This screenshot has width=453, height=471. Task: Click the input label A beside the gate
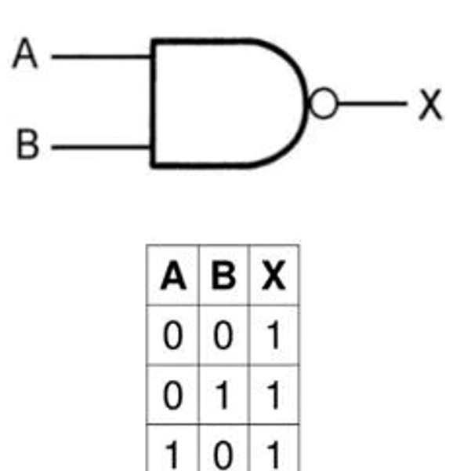click(25, 53)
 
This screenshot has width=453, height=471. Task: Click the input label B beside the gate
click(27, 144)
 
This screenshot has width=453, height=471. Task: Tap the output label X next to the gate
click(430, 104)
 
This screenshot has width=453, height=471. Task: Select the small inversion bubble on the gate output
click(324, 103)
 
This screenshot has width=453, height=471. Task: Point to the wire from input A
click(101, 57)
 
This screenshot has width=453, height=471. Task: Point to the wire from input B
click(101, 147)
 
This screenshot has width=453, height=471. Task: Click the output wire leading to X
click(372, 104)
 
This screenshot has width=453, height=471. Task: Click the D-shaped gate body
click(154, 103)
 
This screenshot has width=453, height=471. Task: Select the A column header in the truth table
click(173, 276)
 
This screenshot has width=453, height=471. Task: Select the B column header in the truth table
click(223, 276)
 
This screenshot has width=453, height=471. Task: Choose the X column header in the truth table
click(274, 276)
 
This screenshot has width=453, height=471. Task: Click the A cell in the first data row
click(173, 335)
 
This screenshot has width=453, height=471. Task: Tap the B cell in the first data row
click(223, 335)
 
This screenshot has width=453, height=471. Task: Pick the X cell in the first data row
click(274, 335)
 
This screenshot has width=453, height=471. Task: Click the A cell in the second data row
click(173, 395)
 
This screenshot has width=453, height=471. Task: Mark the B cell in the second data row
click(223, 395)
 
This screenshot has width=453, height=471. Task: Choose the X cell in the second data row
click(274, 395)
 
